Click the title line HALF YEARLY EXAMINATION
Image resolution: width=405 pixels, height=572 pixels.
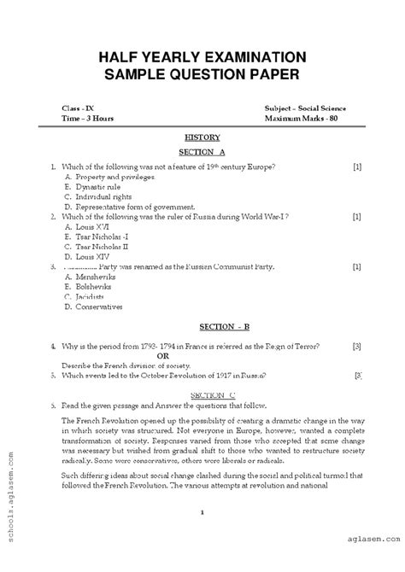[x=202, y=57]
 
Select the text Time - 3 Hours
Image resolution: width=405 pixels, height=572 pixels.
[x=87, y=119]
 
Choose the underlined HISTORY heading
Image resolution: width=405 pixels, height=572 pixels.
[x=202, y=137]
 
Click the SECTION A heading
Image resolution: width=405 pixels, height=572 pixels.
[x=202, y=151]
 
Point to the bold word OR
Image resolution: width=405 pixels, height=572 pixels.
[x=203, y=356]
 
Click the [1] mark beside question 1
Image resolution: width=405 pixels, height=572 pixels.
[x=357, y=166]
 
